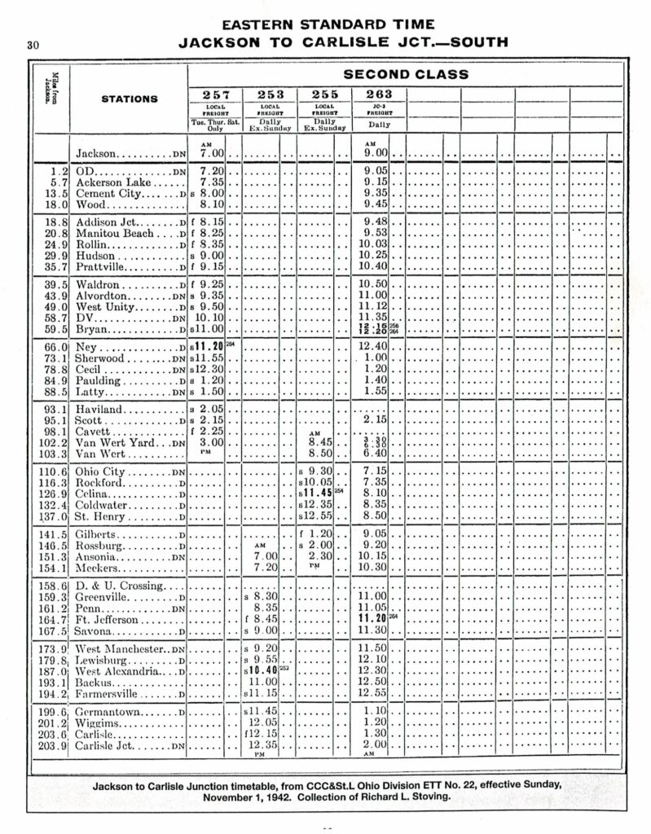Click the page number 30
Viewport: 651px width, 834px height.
33,46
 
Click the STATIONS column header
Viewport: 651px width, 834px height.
129,99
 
